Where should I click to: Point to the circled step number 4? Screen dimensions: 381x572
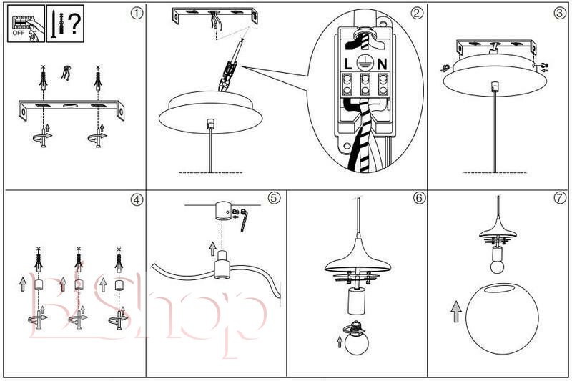coord(136,199)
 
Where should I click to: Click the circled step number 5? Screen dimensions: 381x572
coord(275,198)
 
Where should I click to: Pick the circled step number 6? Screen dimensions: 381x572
coord(419,198)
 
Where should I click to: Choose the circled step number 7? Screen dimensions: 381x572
coord(559,198)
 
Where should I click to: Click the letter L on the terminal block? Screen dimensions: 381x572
coord(348,64)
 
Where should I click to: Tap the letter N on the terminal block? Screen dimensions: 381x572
coord(383,64)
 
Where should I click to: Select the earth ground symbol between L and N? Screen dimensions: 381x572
coord(365,63)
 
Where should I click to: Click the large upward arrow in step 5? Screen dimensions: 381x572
coord(212,248)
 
